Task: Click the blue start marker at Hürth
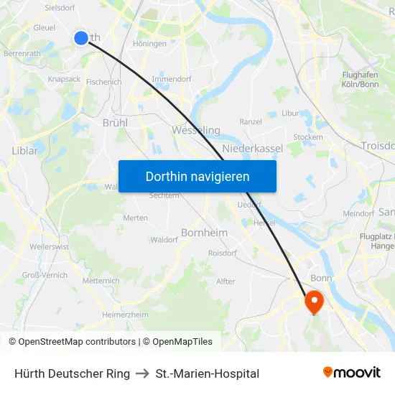tap(81, 37)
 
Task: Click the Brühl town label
tap(115, 123)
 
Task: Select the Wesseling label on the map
tap(196, 131)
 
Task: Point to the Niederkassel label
tap(253, 148)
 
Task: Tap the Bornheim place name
tap(204, 233)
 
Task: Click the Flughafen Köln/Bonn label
tap(361, 79)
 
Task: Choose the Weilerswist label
tap(50, 246)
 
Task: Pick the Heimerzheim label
tap(126, 315)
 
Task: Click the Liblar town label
tap(25, 151)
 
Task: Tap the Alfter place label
tap(226, 281)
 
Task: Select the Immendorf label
tap(171, 79)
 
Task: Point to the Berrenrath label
tap(22, 53)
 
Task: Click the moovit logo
tap(351, 373)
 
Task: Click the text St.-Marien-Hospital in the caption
tap(208, 373)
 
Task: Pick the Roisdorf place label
tap(222, 253)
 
